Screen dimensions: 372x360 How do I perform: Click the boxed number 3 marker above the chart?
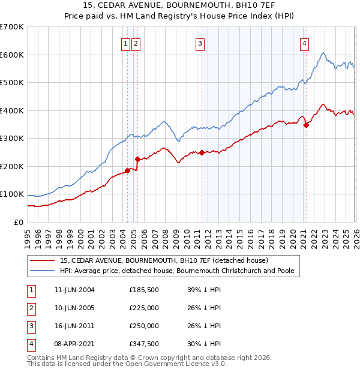(x=199, y=43)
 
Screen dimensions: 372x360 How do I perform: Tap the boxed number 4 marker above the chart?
(x=305, y=43)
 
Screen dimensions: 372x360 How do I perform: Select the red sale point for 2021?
(x=306, y=125)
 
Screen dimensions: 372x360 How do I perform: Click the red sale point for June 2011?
(x=202, y=152)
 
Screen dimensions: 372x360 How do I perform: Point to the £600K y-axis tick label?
(x=12, y=55)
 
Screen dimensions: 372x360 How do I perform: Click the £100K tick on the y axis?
(x=12, y=194)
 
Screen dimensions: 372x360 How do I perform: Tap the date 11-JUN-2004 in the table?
(x=74, y=290)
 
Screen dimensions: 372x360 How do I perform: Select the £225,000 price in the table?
(x=144, y=308)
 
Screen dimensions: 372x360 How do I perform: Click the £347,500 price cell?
(x=144, y=344)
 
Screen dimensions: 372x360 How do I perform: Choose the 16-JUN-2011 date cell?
(x=74, y=326)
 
